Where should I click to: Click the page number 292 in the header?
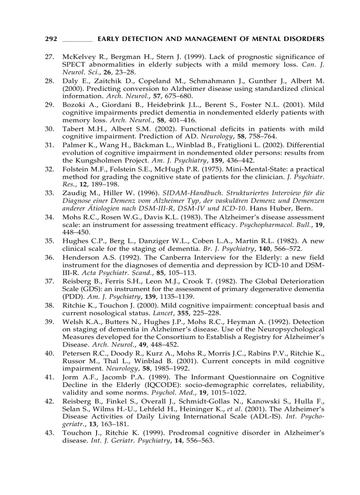pyautogui.click(x=51, y=39)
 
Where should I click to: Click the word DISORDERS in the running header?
pyautogui.click(x=304, y=39)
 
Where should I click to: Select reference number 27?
pyautogui.click(x=50, y=56)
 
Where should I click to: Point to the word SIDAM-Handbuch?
pyautogui.click(x=186, y=193)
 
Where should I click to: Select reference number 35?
pyautogui.click(x=50, y=241)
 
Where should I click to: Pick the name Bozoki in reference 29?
pyautogui.click(x=73, y=105)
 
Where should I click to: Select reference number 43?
pyautogui.click(x=50, y=433)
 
